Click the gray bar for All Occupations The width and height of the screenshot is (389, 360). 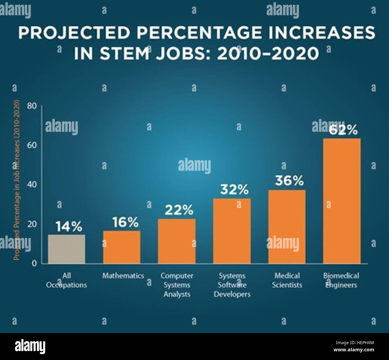tap(66, 249)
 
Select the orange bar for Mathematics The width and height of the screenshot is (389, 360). tap(122, 247)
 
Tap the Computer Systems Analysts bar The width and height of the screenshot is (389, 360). tap(177, 241)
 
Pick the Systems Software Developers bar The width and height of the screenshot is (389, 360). tap(232, 231)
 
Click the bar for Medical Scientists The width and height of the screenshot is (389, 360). tap(287, 227)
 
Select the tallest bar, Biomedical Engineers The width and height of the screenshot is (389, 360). tap(342, 201)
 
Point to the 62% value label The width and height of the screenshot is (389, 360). tap(343, 130)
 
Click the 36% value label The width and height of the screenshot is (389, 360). tap(289, 181)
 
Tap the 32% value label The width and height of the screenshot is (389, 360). tap(234, 189)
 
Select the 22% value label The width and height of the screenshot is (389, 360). tap(179, 210)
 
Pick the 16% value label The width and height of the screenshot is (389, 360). tap(125, 222)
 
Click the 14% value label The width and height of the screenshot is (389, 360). tap(69, 226)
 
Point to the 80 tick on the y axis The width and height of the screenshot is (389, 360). tap(32, 106)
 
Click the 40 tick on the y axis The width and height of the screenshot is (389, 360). tap(32, 184)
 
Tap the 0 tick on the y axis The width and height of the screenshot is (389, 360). tap(34, 263)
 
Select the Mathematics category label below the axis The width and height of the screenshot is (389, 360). tap(123, 276)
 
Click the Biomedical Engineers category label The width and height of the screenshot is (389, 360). tap(341, 280)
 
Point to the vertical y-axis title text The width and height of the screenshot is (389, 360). tap(17, 180)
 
